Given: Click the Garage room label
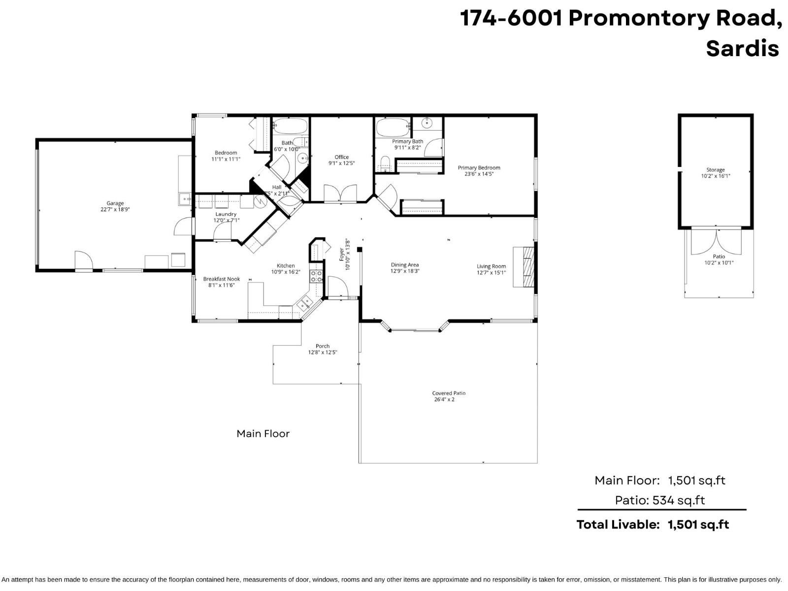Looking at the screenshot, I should click(x=115, y=203).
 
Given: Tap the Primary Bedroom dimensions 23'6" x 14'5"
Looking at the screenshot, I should click(x=479, y=174).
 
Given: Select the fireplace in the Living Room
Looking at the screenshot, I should click(x=524, y=266).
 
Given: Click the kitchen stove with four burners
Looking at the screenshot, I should click(x=316, y=276).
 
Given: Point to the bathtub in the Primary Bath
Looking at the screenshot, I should click(x=393, y=128).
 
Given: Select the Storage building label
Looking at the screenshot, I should click(x=716, y=169).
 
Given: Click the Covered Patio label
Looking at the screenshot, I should click(x=449, y=393).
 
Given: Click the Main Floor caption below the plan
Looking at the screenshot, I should click(x=263, y=433).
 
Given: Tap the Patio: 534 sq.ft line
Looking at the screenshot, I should click(x=659, y=500).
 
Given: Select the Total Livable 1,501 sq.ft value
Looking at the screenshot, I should click(x=698, y=525).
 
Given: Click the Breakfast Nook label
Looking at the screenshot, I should click(x=221, y=279).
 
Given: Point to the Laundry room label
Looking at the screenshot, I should click(x=226, y=214).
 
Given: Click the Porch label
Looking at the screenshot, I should click(x=323, y=346).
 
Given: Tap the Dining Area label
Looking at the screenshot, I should click(x=405, y=265).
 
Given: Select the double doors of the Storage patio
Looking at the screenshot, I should click(x=716, y=241).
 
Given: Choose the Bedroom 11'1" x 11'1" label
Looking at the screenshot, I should click(x=226, y=153).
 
